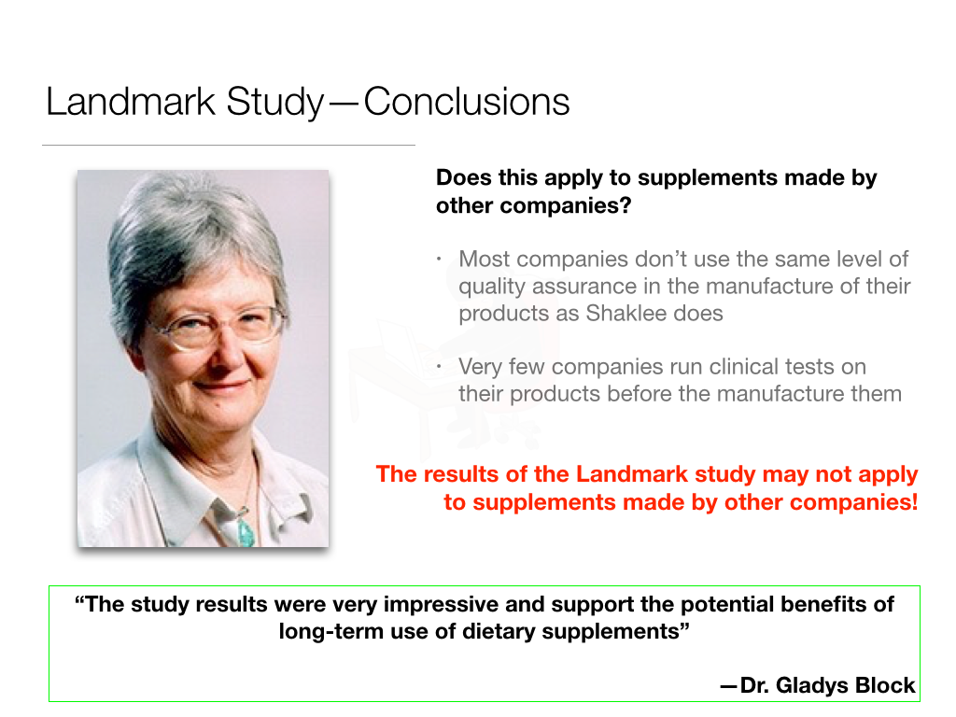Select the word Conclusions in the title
click(467, 102)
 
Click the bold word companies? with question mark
click(579, 205)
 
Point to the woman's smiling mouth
click(222, 385)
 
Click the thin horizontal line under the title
click(229, 146)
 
